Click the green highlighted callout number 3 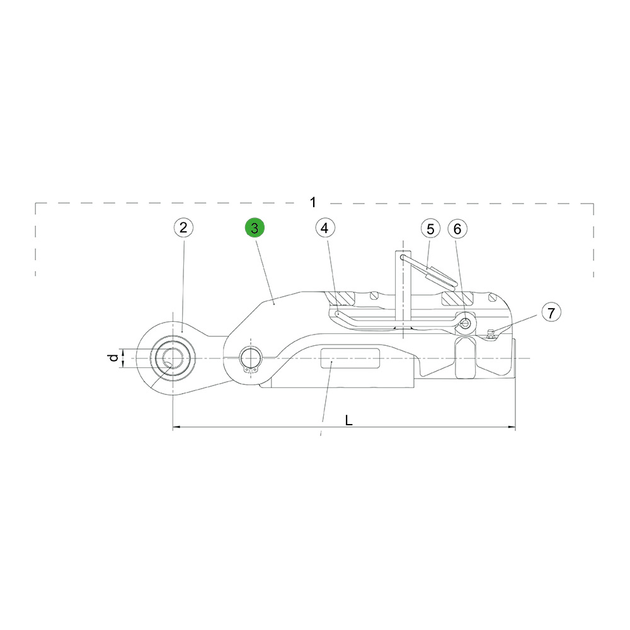(255, 228)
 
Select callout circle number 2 (183, 228)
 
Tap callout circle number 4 (325, 228)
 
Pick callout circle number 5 (431, 229)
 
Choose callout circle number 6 (457, 229)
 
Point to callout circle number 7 (551, 312)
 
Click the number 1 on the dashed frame (313, 202)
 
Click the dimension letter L (349, 420)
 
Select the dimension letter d (114, 357)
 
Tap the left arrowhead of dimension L (176, 427)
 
